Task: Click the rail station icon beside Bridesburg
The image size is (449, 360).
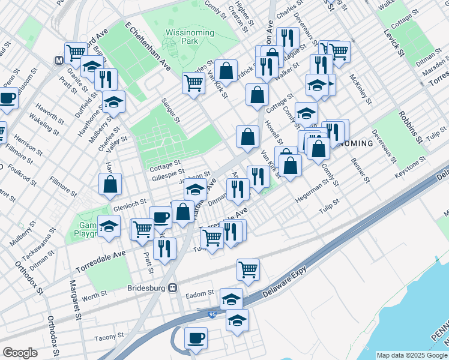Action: pos(173,287)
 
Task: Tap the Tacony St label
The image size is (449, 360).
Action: pos(109,336)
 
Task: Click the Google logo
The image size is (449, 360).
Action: pos(20,353)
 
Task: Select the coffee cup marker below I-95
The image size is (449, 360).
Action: pos(196,338)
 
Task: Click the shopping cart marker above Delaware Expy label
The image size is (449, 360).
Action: pos(248,270)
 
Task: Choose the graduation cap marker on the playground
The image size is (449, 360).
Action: pos(109,227)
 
